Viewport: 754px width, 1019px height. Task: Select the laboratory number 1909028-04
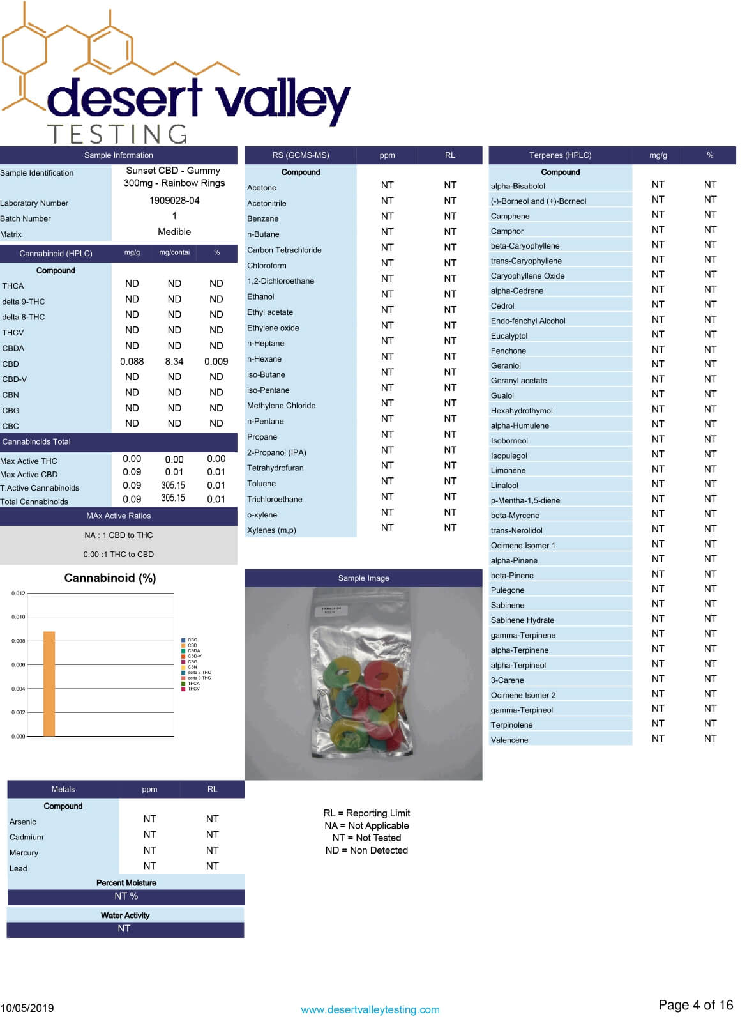174,201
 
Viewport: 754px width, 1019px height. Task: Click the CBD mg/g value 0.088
132,362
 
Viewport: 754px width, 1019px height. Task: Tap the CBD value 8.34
174,362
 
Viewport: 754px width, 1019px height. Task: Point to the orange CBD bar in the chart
49,684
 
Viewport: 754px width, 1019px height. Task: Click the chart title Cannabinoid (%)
110,578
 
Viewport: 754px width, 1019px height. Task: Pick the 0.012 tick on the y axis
19,594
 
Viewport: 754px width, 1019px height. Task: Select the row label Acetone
262,188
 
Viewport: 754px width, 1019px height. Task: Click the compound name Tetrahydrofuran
275,468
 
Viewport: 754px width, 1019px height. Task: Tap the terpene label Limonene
508,471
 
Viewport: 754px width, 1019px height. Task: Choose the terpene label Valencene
509,740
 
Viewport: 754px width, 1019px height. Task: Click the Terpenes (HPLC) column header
560,155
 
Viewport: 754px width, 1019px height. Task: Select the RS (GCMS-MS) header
301,155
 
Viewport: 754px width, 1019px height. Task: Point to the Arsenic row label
23,822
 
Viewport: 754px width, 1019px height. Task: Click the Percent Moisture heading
126,883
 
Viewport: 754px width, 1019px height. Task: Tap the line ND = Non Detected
366,850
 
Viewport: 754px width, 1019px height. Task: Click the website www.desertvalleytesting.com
370,1010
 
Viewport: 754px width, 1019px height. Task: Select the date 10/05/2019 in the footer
27,1008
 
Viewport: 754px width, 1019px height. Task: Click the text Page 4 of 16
695,1006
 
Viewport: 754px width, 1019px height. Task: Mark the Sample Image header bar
363,578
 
